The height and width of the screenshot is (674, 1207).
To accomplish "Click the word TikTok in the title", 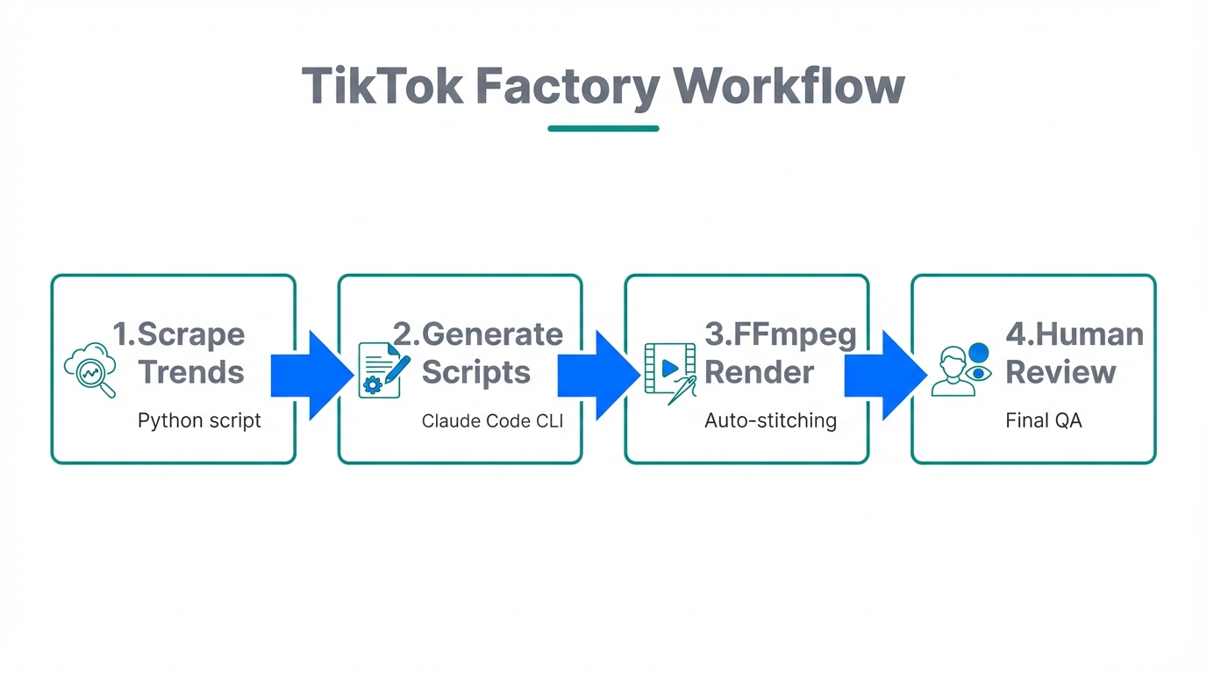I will [382, 86].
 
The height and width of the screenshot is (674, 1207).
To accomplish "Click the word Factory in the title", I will [568, 86].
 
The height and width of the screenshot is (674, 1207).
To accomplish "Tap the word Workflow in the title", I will [788, 86].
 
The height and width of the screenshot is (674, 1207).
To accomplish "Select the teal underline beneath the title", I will [603, 128].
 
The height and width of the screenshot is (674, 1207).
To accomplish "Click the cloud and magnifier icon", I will [90, 369].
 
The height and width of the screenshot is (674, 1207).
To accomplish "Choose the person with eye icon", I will [961, 369].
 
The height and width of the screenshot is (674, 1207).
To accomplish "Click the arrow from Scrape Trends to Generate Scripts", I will [311, 375].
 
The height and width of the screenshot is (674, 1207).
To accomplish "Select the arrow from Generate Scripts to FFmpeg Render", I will [598, 375].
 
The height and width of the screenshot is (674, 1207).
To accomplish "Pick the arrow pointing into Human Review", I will [885, 375].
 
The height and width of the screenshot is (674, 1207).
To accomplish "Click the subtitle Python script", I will [199, 420].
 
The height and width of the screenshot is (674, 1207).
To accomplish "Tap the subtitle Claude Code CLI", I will [492, 421].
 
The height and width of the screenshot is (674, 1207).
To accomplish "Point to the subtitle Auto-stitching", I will [770, 420].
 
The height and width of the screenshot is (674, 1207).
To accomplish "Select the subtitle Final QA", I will [1043, 420].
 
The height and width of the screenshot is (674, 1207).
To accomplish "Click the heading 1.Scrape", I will [179, 334].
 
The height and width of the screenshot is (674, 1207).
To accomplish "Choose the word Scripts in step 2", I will [476, 372].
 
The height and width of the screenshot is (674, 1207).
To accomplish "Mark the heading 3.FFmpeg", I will [780, 335].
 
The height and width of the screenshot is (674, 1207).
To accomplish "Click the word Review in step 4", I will [1061, 372].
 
